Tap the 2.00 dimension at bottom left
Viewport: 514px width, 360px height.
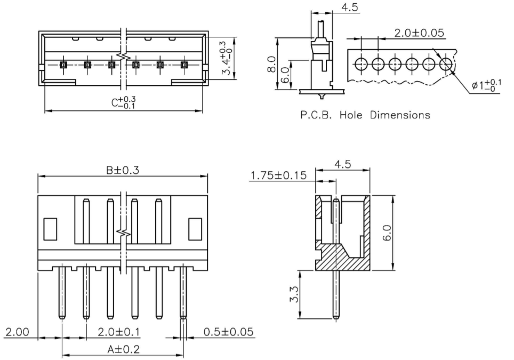(17, 332)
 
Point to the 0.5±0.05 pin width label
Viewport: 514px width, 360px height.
(228, 332)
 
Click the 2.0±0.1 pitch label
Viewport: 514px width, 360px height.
(119, 332)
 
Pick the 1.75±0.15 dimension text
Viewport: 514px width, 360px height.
(278, 175)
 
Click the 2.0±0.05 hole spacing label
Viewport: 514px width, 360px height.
(419, 33)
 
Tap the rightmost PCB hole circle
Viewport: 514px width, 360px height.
(446, 65)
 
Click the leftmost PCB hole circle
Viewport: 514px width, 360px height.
(360, 65)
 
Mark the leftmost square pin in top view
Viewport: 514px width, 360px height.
(63, 65)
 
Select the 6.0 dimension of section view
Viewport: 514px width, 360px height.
(387, 233)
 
